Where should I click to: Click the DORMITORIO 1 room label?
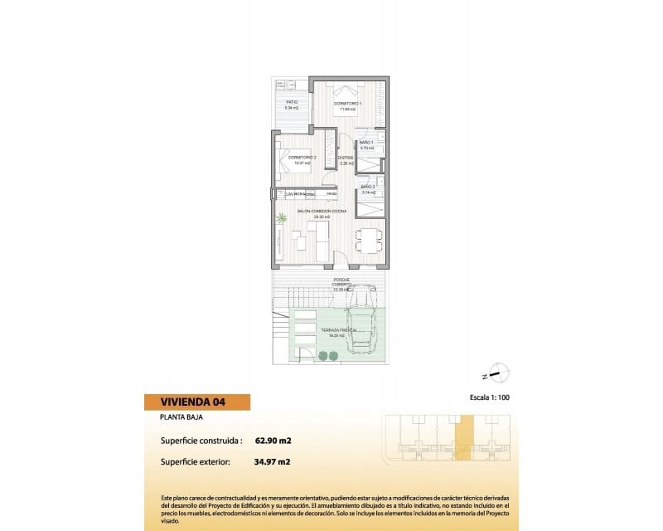tap(345, 104)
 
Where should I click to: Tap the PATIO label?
tap(291, 104)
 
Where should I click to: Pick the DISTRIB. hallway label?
tap(346, 158)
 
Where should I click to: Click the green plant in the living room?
tap(282, 219)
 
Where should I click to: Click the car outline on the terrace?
tap(362, 317)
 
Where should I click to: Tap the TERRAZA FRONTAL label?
tap(339, 332)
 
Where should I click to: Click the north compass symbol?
tap(499, 373)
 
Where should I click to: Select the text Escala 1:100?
tap(488, 398)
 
